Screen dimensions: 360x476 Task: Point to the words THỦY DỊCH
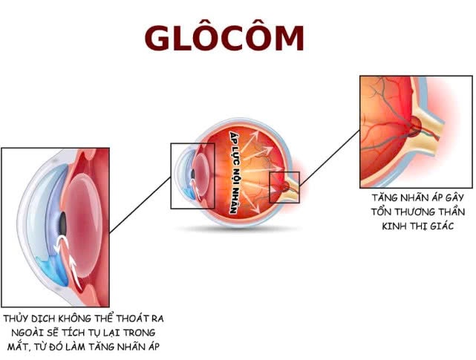tap(28, 318)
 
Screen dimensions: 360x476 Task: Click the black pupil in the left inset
tap(63, 222)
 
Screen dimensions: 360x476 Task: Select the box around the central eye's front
tap(192, 175)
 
